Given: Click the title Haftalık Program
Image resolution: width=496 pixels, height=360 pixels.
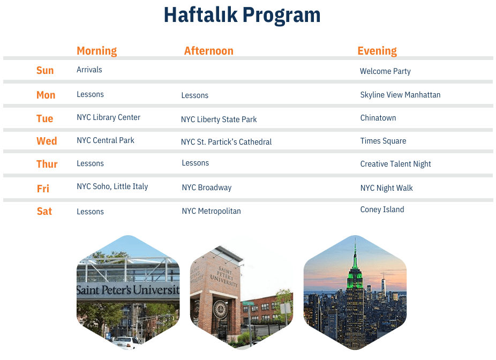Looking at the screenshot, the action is pos(242,15).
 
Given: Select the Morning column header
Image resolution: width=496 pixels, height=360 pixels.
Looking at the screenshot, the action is pos(97,50).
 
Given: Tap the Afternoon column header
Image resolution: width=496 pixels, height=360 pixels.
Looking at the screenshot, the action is pos(209,50).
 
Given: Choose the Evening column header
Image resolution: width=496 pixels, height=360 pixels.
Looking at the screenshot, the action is pos(377,50).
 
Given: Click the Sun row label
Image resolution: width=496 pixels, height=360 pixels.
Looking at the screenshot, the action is pos(45,70).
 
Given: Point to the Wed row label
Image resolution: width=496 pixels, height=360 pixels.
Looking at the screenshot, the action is pos(47,141).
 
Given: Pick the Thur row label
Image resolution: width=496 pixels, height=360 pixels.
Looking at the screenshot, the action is pos(47,164).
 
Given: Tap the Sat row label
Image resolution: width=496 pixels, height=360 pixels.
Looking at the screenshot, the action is pos(44,211).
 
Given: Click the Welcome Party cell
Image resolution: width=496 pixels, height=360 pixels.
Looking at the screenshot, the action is pos(385,71).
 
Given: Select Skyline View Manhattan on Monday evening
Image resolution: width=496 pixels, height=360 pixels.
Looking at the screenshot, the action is pos(400,95).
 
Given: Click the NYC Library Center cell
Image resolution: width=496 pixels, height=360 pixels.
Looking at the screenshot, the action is pos(109,117).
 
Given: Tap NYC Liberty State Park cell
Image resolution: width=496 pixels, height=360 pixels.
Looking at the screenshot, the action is pos(219,119).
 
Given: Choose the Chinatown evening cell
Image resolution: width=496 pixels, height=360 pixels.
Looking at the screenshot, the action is pos(378,118).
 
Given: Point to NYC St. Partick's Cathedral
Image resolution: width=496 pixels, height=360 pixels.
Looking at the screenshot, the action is pos(226,142).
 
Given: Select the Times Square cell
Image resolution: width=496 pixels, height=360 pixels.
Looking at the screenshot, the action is pos(383,141).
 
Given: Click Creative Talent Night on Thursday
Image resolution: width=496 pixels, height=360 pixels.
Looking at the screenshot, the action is pos(395,164).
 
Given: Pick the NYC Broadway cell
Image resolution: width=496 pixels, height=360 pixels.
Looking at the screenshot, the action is pos(207,187).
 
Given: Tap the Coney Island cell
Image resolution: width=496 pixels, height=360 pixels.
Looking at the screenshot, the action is pos(382,209).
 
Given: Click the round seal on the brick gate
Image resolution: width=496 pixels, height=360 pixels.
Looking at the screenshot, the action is pos(220,309).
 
